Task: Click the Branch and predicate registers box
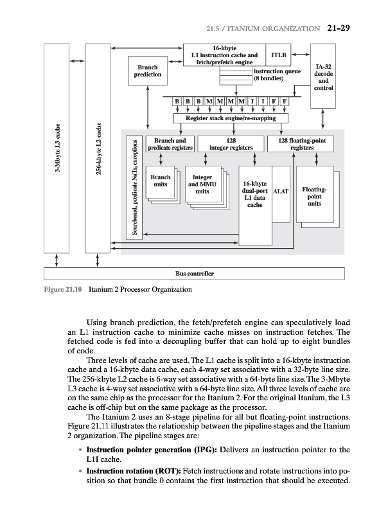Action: tap(166, 144)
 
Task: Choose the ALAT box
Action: tap(281, 191)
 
